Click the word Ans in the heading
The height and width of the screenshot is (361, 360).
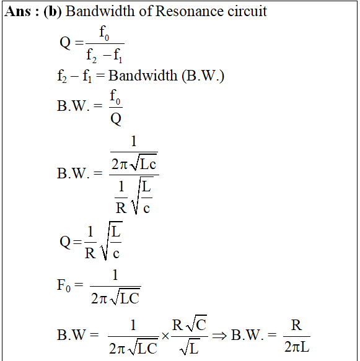[17, 11]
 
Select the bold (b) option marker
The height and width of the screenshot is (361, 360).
[53, 12]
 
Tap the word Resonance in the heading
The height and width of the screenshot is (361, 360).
[190, 11]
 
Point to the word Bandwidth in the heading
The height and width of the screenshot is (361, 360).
[100, 11]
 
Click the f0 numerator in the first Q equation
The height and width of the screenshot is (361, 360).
[104, 33]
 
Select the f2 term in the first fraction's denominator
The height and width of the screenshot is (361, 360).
[92, 56]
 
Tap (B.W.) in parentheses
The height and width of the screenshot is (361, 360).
[203, 76]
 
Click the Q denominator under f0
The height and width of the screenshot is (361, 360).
[116, 119]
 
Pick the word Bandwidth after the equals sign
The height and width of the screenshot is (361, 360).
[143, 76]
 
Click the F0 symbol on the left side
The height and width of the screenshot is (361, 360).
[64, 285]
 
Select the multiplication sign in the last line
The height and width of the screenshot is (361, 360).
[165, 336]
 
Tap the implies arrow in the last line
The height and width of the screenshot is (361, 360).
[219, 336]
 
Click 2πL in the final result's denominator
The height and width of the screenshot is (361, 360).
[297, 347]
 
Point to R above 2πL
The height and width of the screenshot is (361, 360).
[296, 325]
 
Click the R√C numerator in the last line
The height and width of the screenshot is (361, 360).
[190, 323]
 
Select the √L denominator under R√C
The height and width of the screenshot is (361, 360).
[190, 347]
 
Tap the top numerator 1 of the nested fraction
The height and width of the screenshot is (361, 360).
[134, 141]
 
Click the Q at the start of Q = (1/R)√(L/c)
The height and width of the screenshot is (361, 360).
[65, 242]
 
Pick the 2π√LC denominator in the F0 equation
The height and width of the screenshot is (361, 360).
[115, 297]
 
